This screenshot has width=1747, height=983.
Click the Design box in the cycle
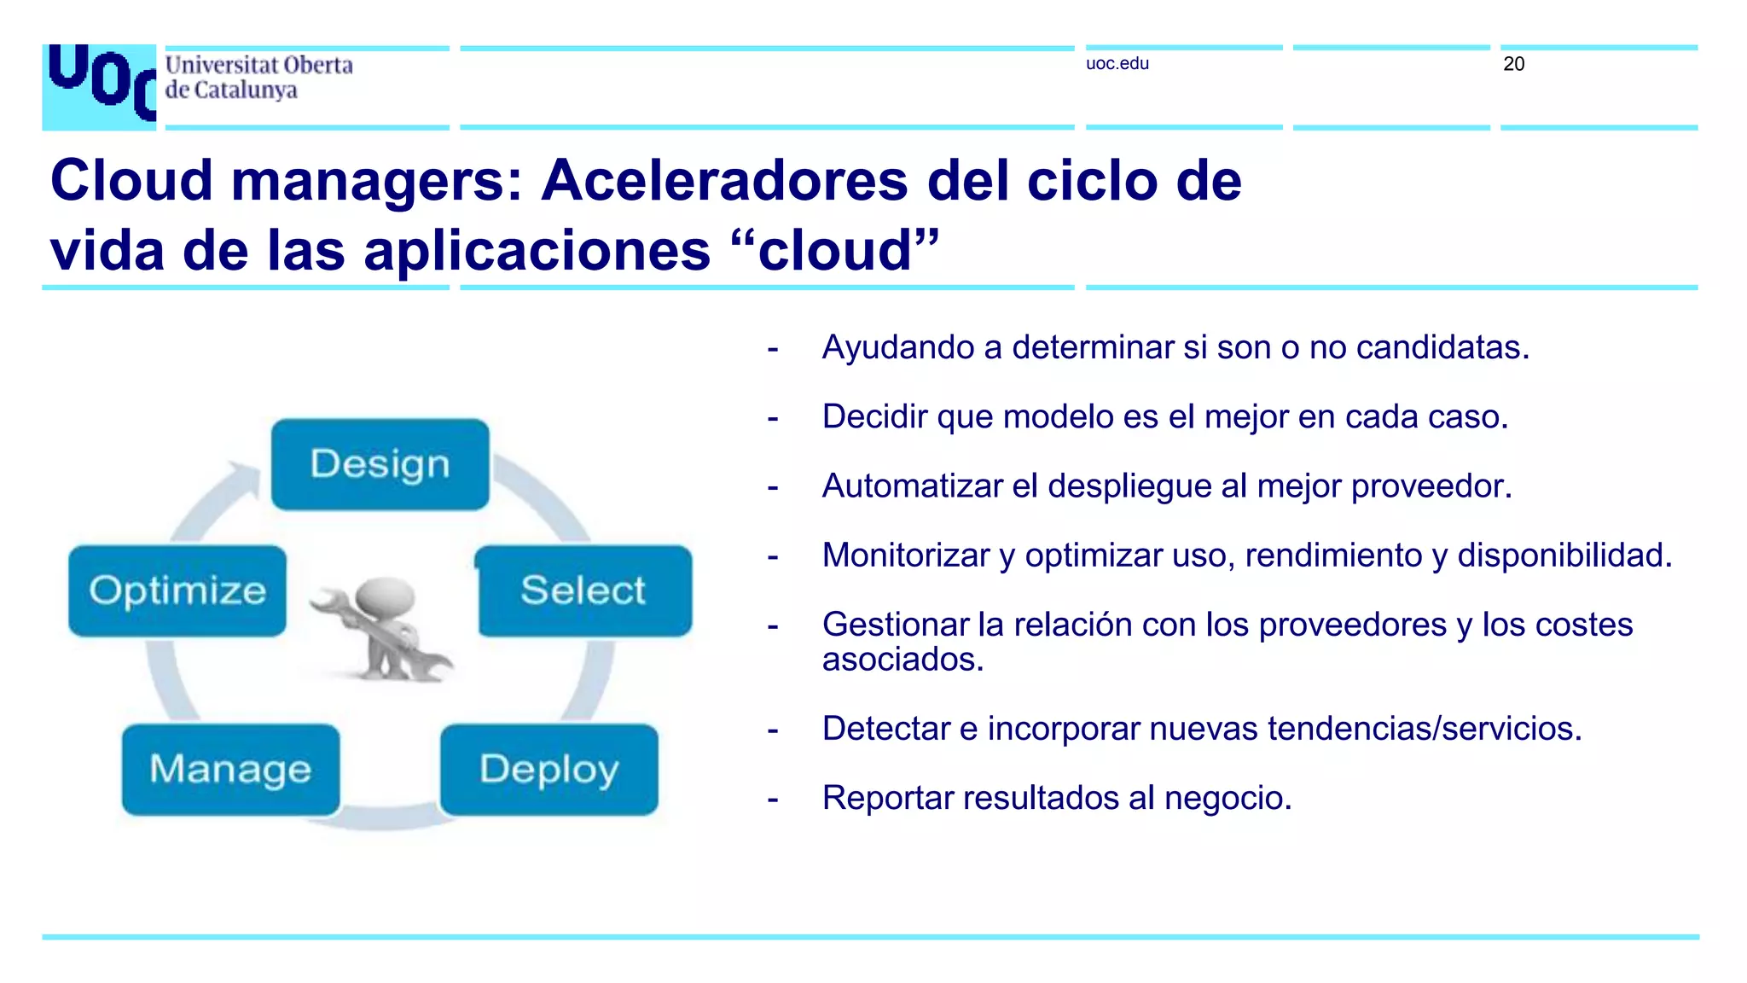pyautogui.click(x=380, y=464)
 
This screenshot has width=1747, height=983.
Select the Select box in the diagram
pyautogui.click(x=584, y=590)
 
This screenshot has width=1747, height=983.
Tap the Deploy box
pyautogui.click(x=549, y=769)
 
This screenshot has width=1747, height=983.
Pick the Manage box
pyautogui.click(x=230, y=769)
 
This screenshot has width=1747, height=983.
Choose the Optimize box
pyautogui.click(x=177, y=590)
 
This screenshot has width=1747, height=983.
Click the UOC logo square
pyautogui.click(x=99, y=86)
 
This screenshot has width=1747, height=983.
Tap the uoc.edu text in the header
pyautogui.click(x=1117, y=64)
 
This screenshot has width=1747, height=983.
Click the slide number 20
pyautogui.click(x=1513, y=64)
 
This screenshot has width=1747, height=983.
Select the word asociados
pyautogui.click(x=903, y=660)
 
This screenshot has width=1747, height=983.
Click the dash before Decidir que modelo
pyautogui.click(x=773, y=419)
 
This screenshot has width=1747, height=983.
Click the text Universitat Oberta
pyautogui.click(x=258, y=66)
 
